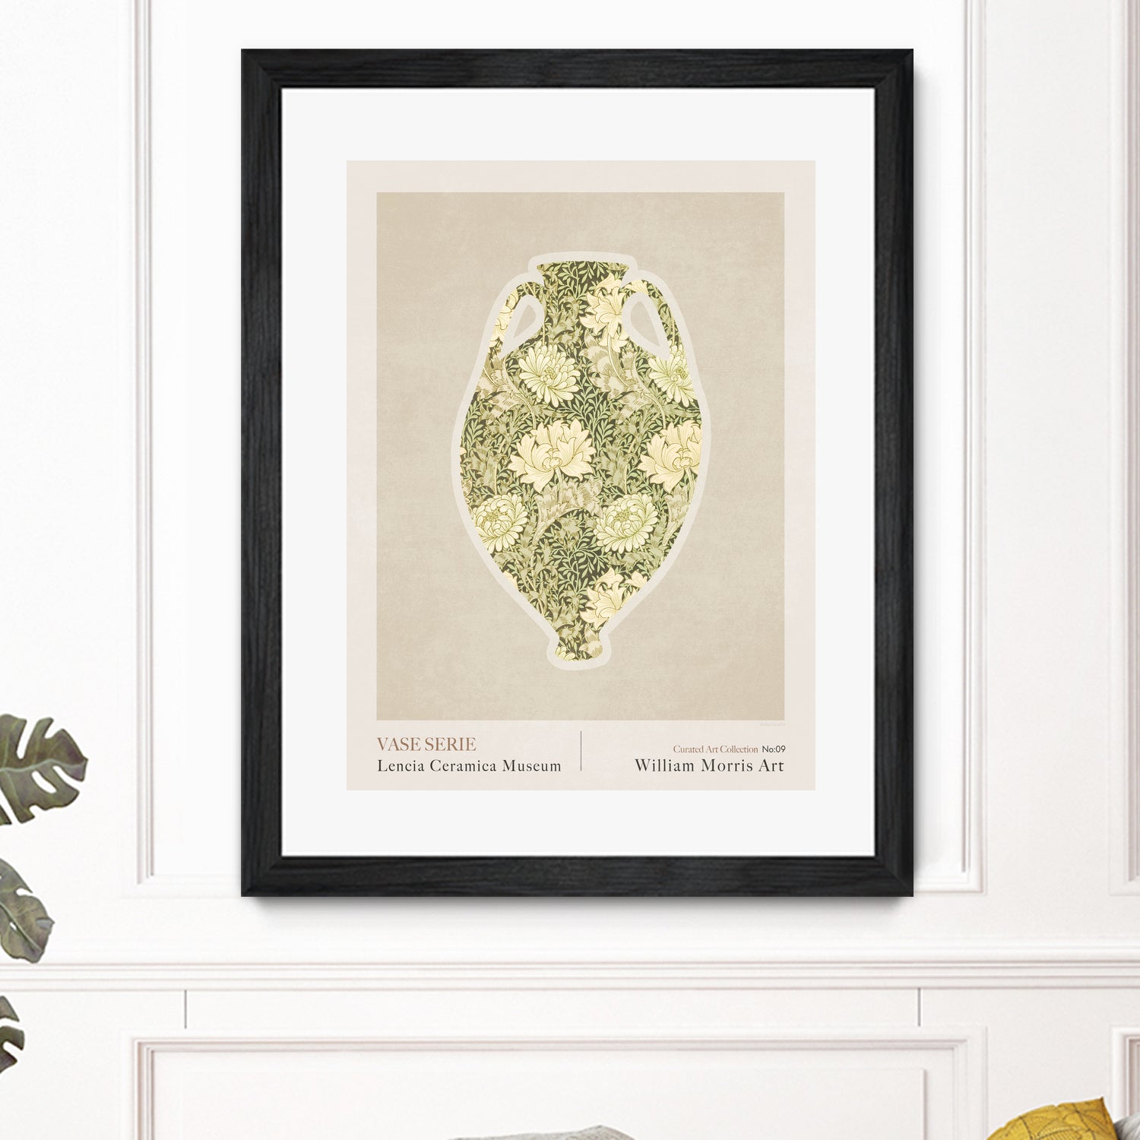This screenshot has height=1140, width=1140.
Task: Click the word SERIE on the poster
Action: tap(451, 744)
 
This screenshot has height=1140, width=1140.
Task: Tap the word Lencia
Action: tap(401, 765)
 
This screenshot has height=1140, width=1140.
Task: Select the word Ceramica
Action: tap(464, 765)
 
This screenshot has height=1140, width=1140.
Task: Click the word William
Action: tap(665, 765)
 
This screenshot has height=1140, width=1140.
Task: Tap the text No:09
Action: tap(774, 749)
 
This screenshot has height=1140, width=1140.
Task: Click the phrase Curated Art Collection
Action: tap(715, 749)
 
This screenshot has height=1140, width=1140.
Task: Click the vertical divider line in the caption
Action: tap(581, 751)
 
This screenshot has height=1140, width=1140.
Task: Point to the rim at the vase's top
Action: tap(584, 265)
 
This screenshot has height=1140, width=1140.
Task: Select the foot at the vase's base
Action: tap(580, 650)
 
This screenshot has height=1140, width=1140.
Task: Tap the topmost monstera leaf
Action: tap(38, 764)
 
